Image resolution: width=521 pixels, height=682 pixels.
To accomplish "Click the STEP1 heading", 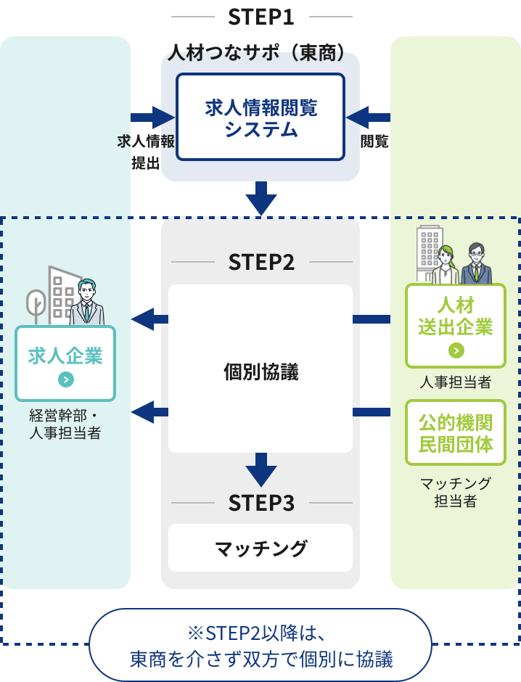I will [260, 16].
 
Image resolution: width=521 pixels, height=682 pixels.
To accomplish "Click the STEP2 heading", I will [261, 262].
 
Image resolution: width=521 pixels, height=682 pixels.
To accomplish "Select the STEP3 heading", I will [261, 503].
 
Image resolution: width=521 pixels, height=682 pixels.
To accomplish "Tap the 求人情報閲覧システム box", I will [260, 118].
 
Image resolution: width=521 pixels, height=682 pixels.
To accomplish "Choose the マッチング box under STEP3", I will [260, 549].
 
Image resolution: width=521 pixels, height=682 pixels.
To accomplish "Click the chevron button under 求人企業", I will [65, 379].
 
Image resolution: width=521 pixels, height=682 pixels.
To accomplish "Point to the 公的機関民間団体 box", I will [456, 432].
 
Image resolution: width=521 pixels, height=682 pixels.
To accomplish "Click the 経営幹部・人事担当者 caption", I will [65, 425].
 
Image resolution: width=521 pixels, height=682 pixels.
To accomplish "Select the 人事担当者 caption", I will [456, 382].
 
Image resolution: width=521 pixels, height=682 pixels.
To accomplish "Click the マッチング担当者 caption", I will [456, 492].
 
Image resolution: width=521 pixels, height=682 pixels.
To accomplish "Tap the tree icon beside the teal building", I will [36, 305].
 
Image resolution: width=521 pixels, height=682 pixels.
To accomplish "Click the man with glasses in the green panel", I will [476, 263].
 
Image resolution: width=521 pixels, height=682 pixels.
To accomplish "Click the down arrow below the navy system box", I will [260, 197].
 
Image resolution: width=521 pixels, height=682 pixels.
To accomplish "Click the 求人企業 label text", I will [65, 356].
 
